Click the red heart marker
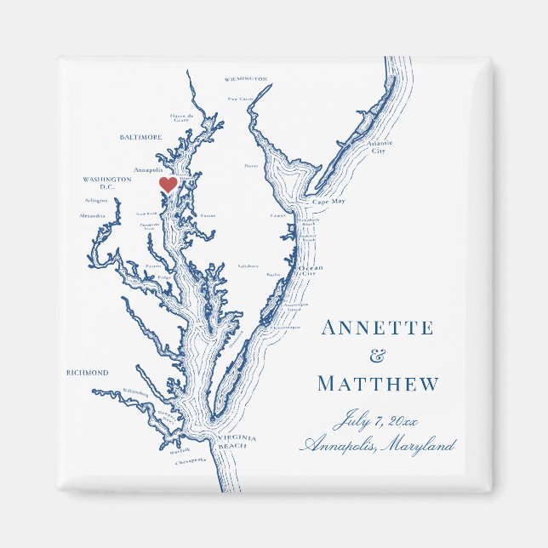point(168,184)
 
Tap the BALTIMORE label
point(140,137)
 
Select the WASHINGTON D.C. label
point(107,183)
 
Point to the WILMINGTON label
point(246,78)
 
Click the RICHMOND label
point(88,373)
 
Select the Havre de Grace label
point(182,117)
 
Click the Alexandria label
point(93,216)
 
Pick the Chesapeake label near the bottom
point(191,460)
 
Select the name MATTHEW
point(378,385)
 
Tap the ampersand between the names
point(378,357)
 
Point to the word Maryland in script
point(418,445)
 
